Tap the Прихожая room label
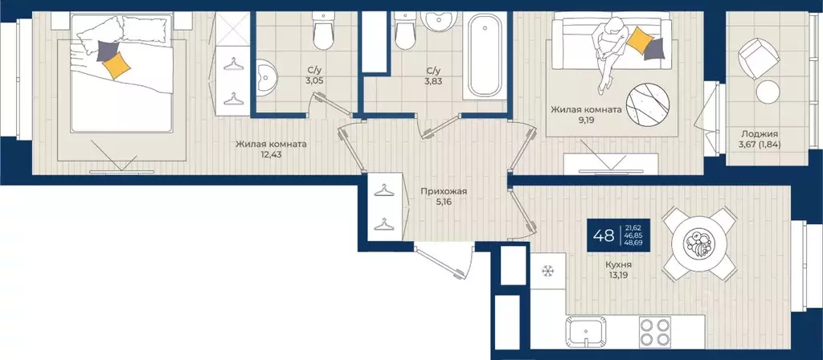coord(444,191)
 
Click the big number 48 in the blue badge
coord(604,235)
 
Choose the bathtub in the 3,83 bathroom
coord(484,55)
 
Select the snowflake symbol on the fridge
coord(548,271)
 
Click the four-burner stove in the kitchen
coord(655,332)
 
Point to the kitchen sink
coord(585,332)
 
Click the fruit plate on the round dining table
coord(700,243)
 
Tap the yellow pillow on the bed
coord(117,66)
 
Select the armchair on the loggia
coord(755,59)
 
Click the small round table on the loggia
coord(768,92)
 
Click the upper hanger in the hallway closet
coord(384,190)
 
